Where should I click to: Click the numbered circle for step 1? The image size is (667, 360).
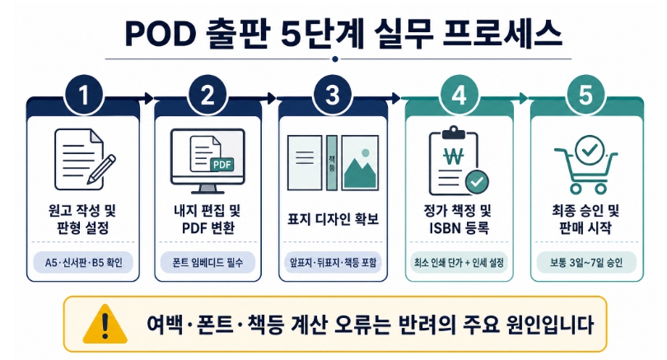pyautogui.click(x=84, y=95)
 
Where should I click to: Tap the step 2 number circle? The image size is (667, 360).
pyautogui.click(x=208, y=95)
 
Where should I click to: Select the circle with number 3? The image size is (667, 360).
pyautogui.click(x=332, y=95)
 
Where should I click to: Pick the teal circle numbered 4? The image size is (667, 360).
pyautogui.click(x=459, y=95)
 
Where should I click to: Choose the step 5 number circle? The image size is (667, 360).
pyautogui.click(x=585, y=95)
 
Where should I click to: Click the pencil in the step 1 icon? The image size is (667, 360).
pyautogui.click(x=101, y=169)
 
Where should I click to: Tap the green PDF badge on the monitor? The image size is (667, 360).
pyautogui.click(x=222, y=164)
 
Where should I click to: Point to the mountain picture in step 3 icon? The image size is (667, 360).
pyautogui.click(x=360, y=162)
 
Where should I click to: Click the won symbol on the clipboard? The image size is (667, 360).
pyautogui.click(x=454, y=157)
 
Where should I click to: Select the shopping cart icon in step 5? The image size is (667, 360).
pyautogui.click(x=586, y=165)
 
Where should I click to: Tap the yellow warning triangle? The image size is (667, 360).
pyautogui.click(x=105, y=324)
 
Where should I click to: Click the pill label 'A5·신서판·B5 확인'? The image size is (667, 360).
pyautogui.click(x=83, y=262)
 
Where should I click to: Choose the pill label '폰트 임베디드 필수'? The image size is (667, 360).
pyautogui.click(x=208, y=262)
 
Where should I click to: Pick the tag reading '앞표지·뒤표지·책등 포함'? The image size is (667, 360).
pyautogui.click(x=333, y=262)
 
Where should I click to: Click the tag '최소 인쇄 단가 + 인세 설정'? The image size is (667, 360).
pyautogui.click(x=459, y=262)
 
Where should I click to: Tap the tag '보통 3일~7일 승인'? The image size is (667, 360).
pyautogui.click(x=586, y=262)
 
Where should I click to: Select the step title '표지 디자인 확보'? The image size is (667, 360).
pyautogui.click(x=333, y=219)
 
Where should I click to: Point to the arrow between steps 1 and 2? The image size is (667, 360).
pyautogui.click(x=146, y=99)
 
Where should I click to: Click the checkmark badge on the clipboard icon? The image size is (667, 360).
pyautogui.click(x=477, y=181)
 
